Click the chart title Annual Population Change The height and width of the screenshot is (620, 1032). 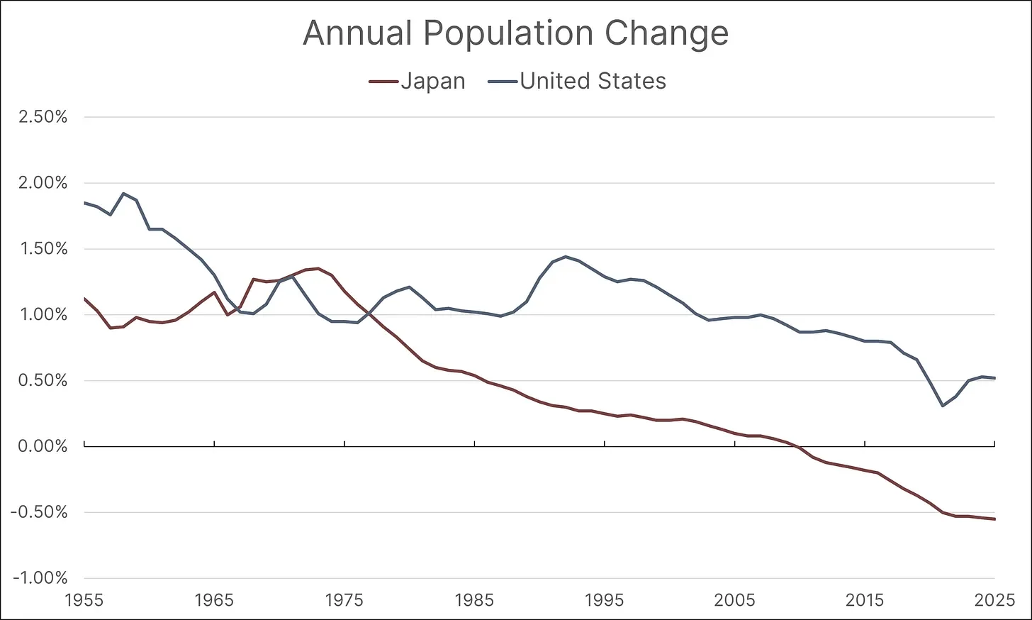click(515, 33)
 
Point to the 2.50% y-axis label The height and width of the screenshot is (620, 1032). click(43, 117)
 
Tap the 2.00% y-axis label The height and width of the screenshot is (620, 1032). click(43, 183)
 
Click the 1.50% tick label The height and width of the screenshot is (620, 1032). click(43, 249)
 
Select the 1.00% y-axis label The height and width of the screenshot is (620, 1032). click(43, 314)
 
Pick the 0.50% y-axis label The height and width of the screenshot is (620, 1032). click(43, 380)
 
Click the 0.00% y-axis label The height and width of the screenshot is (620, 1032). click(43, 446)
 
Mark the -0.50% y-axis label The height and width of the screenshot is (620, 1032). click(40, 512)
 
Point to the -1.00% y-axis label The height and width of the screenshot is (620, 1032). click(40, 578)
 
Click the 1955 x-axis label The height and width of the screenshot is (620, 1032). click(84, 600)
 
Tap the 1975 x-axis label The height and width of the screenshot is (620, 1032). click(344, 600)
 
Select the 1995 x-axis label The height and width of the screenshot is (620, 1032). click(605, 600)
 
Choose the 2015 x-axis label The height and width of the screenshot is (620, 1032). click(865, 600)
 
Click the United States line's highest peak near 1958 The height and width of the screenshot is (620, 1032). click(123, 193)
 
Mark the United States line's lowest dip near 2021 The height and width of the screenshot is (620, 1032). click(943, 406)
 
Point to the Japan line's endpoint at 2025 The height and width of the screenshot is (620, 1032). click(995, 519)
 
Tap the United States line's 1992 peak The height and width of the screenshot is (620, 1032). click(566, 257)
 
